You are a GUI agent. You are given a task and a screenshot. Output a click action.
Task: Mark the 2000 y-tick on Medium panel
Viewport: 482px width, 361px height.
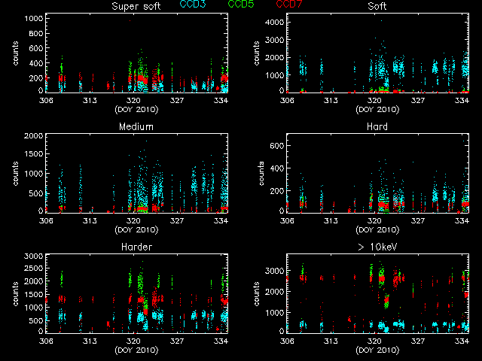[x=32, y=136]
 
